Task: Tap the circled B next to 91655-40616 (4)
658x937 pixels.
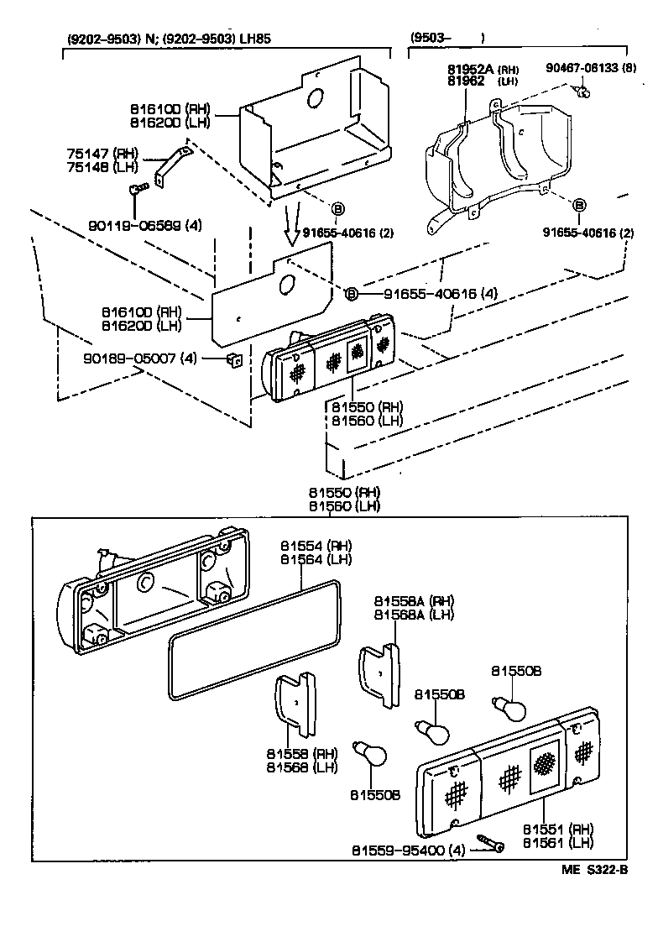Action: (x=352, y=293)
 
